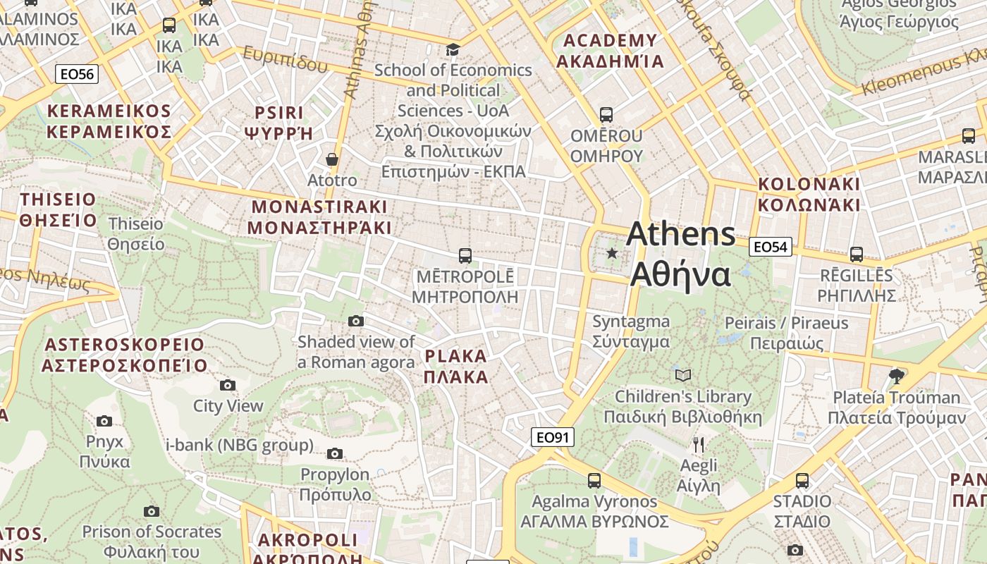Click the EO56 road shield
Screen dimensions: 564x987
[x=76, y=74]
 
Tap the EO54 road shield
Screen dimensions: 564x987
[x=770, y=247]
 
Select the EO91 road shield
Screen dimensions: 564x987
[x=552, y=437]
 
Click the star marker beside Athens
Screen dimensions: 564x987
[x=612, y=253]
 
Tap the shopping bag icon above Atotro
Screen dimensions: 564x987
[x=332, y=160]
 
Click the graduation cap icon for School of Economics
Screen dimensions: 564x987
[x=453, y=49]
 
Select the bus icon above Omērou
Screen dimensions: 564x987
[x=606, y=114]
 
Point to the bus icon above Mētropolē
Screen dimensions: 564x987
[x=465, y=255]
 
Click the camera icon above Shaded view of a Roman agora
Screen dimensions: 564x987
[x=356, y=321]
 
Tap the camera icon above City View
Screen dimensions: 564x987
[x=227, y=385]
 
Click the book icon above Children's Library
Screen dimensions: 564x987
[x=682, y=375]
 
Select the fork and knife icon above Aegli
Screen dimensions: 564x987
[x=698, y=444]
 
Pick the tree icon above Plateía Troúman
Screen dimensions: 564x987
[x=896, y=376]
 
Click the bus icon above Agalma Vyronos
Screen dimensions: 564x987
[x=594, y=481]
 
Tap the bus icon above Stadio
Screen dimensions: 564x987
[x=802, y=481]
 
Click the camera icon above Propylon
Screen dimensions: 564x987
[x=335, y=453]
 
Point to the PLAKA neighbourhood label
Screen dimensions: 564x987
[x=455, y=367]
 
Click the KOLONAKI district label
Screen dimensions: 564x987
[x=809, y=195]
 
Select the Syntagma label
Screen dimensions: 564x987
[x=630, y=331]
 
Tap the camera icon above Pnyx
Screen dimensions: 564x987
[x=104, y=422]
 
